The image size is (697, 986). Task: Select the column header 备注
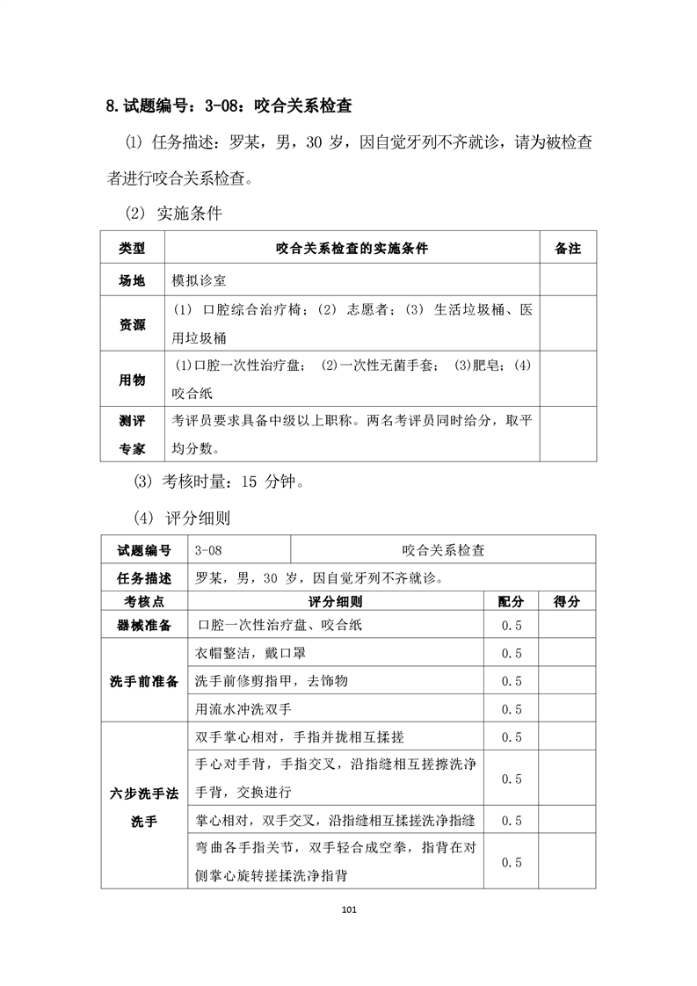(568, 249)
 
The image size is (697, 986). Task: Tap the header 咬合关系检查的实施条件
(352, 249)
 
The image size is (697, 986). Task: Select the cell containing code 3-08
(209, 550)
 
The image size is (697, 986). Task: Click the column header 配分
(511, 602)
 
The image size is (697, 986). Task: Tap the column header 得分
(567, 602)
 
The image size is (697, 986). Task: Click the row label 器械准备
(144, 625)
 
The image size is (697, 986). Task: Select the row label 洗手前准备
(144, 681)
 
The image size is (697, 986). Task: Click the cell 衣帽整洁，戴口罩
(250, 653)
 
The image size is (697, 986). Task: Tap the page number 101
(349, 909)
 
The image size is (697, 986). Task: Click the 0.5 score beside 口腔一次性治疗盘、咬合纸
(511, 625)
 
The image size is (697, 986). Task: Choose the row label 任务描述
(144, 578)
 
